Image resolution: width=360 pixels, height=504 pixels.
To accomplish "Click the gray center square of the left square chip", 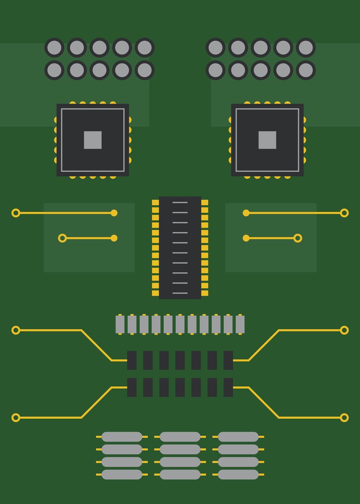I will [x=93, y=140].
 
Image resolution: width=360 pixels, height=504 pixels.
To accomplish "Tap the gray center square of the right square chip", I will [x=267, y=140].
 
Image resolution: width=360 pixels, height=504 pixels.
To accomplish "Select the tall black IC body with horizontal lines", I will [x=180, y=248].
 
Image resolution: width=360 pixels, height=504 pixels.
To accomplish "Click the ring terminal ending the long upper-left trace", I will [x=16, y=213].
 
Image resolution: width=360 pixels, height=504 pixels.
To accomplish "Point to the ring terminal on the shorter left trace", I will [x=62, y=238].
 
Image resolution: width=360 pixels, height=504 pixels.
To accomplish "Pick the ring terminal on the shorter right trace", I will [x=298, y=238].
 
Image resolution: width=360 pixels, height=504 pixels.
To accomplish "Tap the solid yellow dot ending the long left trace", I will [x=114, y=213].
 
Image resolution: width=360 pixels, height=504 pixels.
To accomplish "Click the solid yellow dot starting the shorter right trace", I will [x=246, y=238].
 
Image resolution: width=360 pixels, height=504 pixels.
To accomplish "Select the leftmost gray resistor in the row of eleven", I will [x=120, y=324].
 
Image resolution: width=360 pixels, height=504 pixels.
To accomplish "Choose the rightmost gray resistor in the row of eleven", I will [x=240, y=324].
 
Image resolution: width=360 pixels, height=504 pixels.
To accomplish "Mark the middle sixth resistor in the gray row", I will [x=180, y=324].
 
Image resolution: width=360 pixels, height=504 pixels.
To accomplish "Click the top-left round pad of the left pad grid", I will [x=54, y=47].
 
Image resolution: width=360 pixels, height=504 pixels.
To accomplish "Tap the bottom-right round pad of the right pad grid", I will [x=306, y=70].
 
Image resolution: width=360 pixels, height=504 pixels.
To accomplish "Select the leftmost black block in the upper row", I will [x=132, y=360].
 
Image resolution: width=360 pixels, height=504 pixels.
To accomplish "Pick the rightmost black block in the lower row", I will [x=228, y=387].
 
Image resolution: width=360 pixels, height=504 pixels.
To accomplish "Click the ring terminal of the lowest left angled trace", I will [x=16, y=417].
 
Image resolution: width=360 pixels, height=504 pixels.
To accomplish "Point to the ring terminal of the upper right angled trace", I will [x=344, y=330].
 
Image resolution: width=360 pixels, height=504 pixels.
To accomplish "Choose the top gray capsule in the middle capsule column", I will [x=180, y=437].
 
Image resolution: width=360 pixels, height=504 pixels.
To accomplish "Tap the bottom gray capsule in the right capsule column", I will [x=238, y=475].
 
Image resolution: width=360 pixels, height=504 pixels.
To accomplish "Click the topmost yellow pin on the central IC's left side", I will [x=155, y=202].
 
